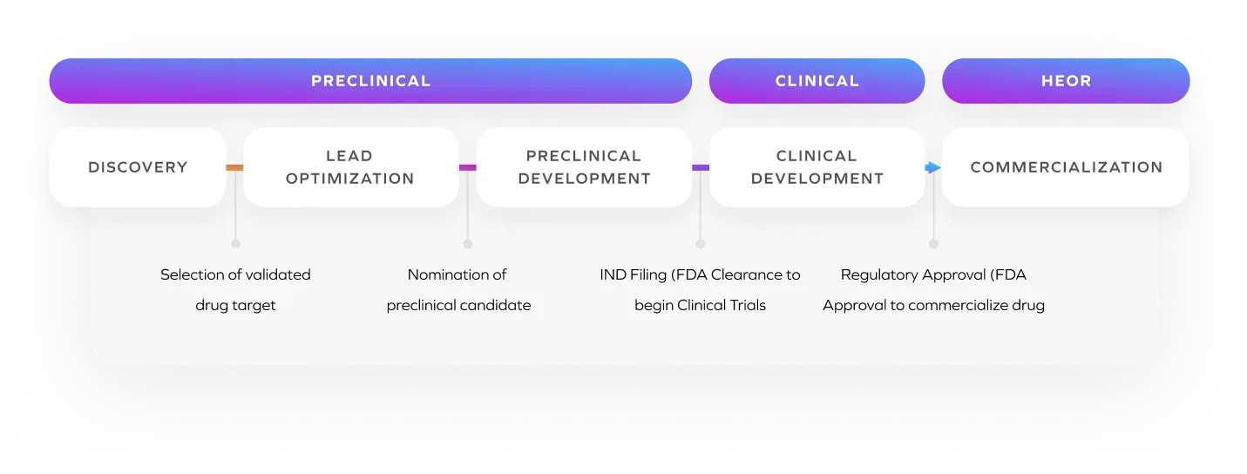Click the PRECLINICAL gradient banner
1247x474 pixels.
[370, 81]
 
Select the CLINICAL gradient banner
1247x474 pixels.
[817, 81]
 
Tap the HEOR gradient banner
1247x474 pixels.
[1066, 81]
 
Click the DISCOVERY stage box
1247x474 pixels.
[138, 167]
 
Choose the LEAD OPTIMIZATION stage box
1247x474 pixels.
[350, 167]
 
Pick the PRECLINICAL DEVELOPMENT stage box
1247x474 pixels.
[584, 167]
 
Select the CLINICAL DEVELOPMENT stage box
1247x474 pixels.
[817, 167]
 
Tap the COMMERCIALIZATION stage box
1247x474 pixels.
[1066, 167]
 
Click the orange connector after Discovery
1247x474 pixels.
[234, 167]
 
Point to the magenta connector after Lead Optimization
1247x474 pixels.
[468, 167]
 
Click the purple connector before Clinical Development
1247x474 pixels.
[701, 167]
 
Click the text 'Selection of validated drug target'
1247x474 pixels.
[235, 290]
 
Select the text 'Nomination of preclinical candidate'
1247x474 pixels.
[458, 290]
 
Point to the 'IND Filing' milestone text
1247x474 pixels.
[700, 290]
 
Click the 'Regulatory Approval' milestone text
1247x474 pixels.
[933, 290]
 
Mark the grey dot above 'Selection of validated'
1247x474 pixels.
[235, 244]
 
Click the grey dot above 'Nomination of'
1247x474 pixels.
[468, 244]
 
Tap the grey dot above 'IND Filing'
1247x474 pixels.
[701, 244]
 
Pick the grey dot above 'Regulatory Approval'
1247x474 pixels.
[934, 244]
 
